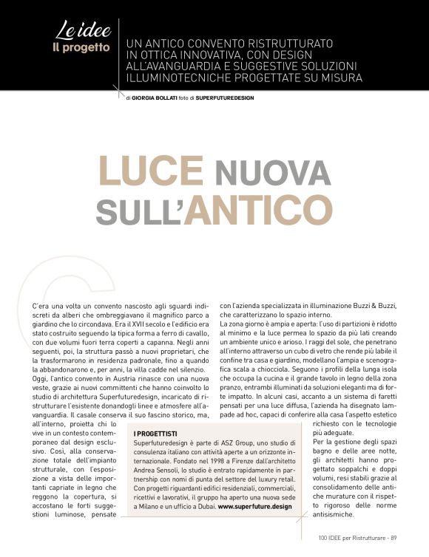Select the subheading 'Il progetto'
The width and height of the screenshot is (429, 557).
point(81,48)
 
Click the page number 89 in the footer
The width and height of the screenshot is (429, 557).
point(395,537)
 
